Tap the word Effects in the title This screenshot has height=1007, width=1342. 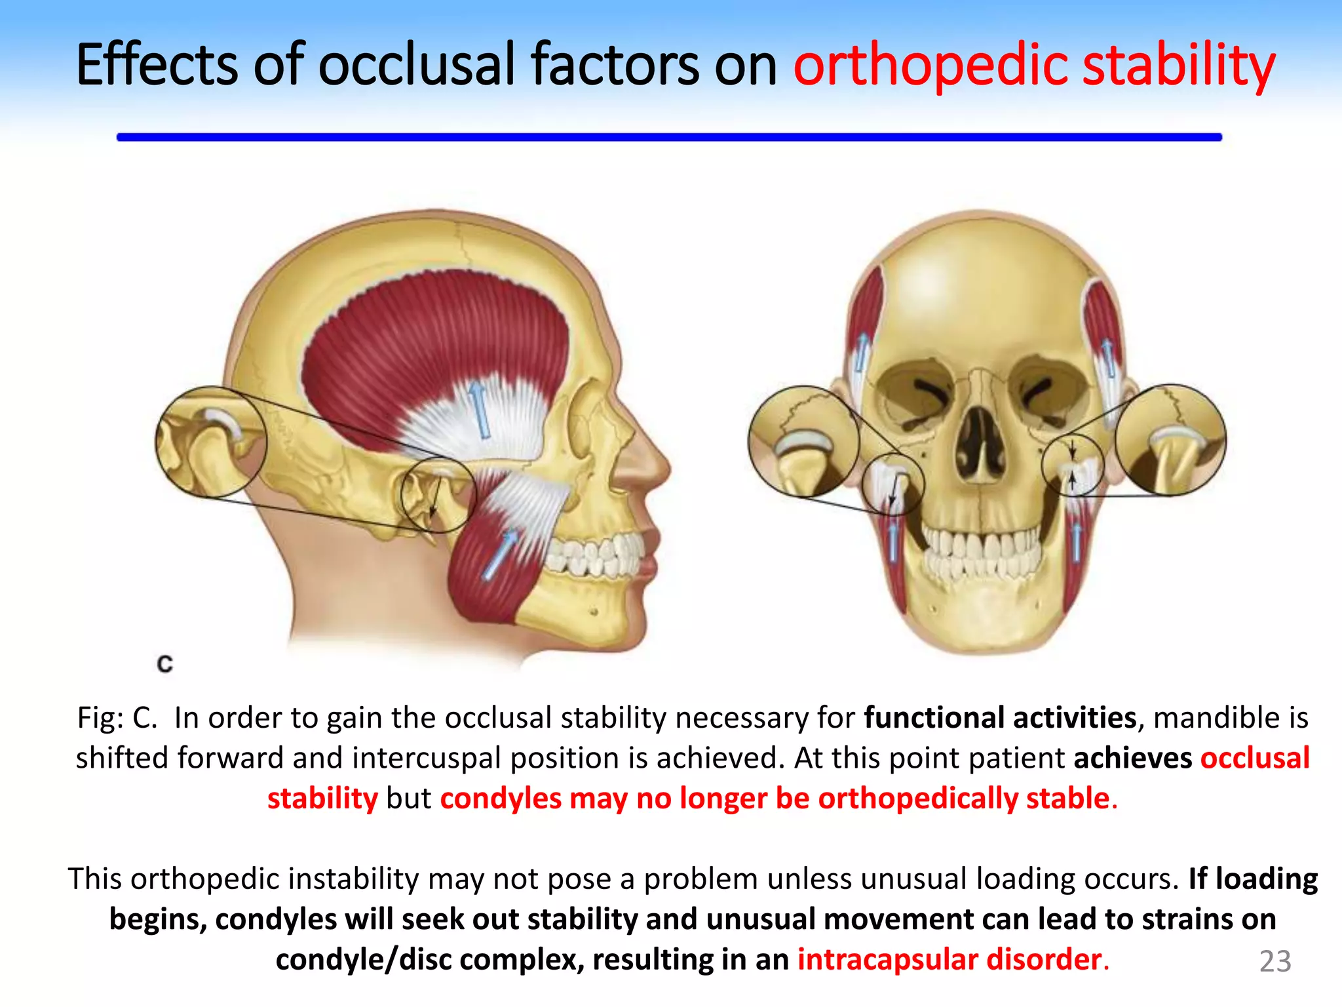(x=156, y=66)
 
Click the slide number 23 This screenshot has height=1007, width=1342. (x=1275, y=961)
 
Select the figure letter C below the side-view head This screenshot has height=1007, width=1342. (x=165, y=663)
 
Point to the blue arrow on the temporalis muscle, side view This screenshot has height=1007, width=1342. (x=480, y=410)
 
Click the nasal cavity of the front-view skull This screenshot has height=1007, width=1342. (x=979, y=446)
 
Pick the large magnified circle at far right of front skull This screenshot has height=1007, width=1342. (x=1170, y=439)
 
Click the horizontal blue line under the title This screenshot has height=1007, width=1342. (x=668, y=137)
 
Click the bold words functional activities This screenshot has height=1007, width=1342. (x=1000, y=717)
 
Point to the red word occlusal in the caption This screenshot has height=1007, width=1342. (x=1254, y=758)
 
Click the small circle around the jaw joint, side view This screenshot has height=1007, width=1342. (x=438, y=495)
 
